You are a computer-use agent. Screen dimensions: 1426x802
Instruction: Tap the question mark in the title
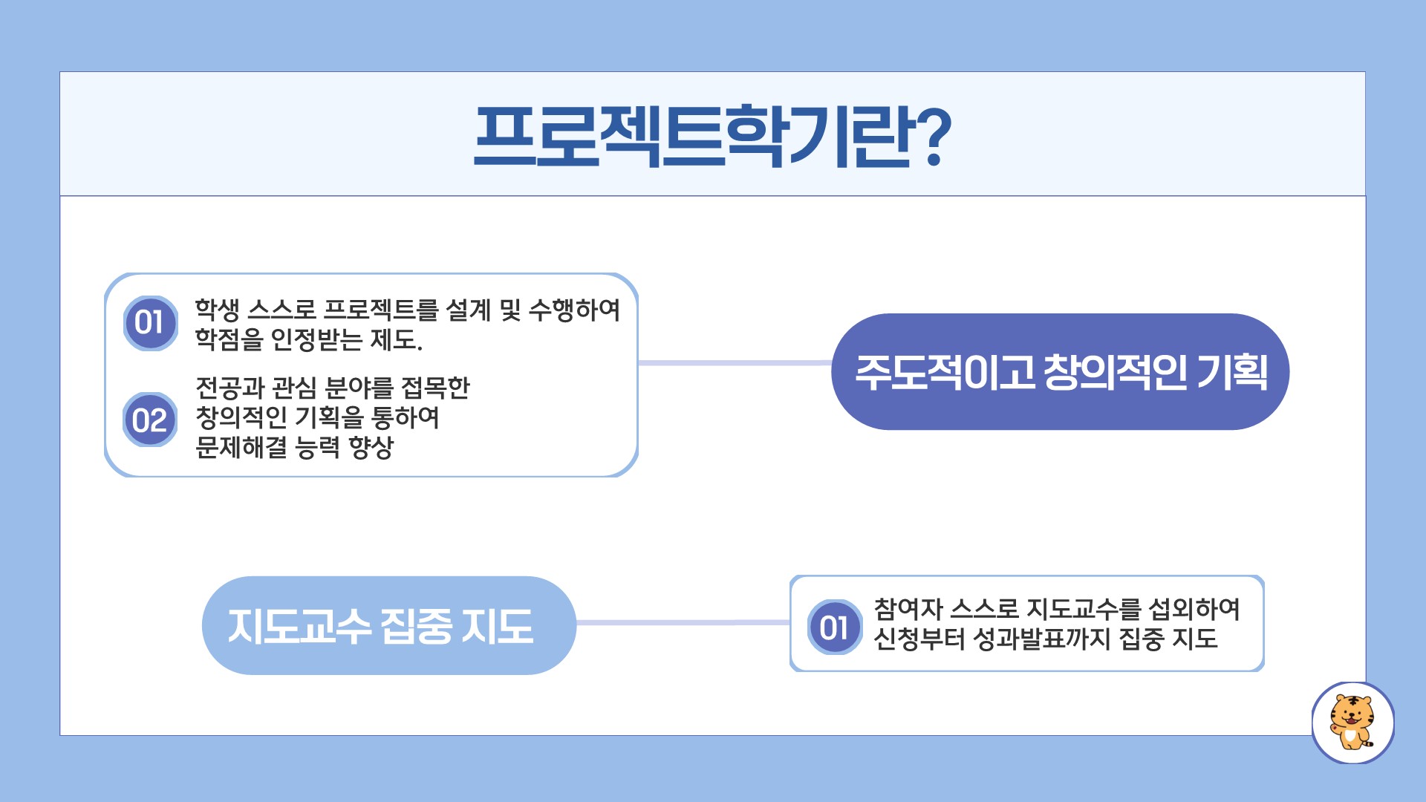(x=929, y=136)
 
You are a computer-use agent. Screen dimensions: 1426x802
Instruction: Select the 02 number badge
(x=150, y=420)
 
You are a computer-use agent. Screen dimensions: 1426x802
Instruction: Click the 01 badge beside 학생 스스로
(x=150, y=323)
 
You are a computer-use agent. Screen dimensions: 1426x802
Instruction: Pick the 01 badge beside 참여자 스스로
(x=835, y=627)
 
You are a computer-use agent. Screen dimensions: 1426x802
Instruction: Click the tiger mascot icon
(x=1352, y=723)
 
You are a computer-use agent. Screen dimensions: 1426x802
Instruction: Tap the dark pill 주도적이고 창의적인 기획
(x=1061, y=371)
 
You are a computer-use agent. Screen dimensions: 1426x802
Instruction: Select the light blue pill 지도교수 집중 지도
(x=389, y=625)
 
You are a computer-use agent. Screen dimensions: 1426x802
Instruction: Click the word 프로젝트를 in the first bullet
(x=382, y=310)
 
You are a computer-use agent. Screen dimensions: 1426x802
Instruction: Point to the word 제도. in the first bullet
(x=397, y=340)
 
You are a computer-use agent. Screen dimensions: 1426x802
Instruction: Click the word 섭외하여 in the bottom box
(x=1194, y=609)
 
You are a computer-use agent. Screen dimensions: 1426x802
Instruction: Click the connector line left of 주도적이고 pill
(x=735, y=363)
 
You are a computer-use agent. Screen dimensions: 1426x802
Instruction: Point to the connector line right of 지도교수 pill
(x=683, y=623)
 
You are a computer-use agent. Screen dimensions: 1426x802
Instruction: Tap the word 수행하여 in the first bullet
(x=574, y=310)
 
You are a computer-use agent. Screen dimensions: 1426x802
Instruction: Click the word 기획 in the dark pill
(x=1232, y=372)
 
